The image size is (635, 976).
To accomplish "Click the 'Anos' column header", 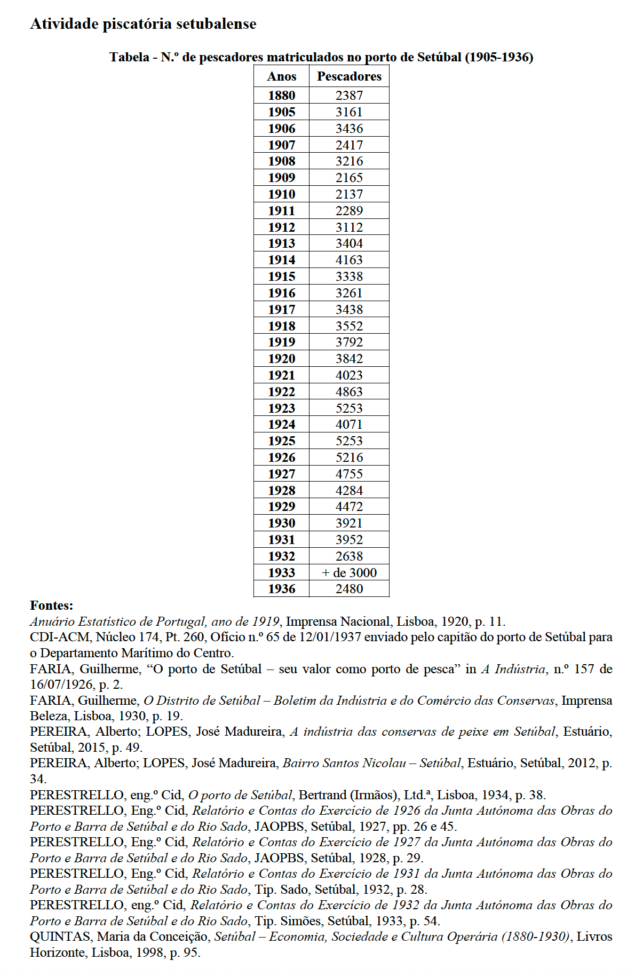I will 281,76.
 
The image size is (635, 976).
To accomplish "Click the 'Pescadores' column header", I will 349,76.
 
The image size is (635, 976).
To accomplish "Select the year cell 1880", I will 281,96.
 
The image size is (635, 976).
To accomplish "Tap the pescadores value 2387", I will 349,96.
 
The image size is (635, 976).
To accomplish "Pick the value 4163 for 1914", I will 349,260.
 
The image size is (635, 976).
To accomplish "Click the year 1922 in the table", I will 281,392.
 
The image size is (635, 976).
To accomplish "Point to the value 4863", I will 349,392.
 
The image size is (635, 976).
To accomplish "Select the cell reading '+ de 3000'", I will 349,573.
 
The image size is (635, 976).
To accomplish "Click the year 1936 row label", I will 281,589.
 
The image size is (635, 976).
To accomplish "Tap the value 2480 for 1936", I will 349,589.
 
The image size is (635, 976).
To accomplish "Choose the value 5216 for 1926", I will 349,458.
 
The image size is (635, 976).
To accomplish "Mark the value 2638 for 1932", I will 349,556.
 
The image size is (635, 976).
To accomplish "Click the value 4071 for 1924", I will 349,424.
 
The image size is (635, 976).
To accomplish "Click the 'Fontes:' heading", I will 51,605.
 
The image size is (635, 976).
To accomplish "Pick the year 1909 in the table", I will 281,178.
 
